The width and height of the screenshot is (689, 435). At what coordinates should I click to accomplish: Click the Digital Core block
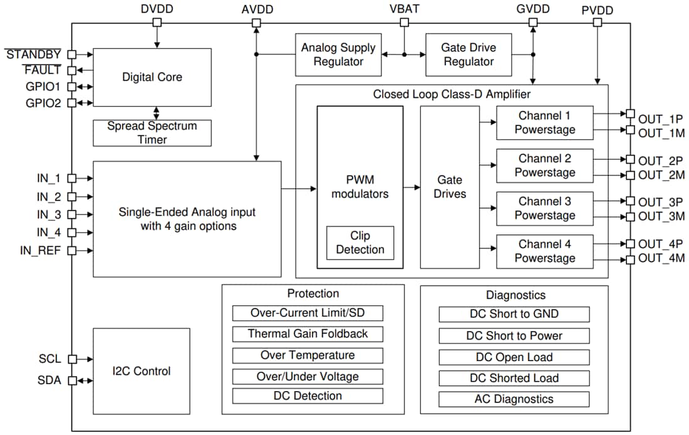(152, 77)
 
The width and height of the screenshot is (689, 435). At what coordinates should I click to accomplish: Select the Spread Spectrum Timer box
(152, 132)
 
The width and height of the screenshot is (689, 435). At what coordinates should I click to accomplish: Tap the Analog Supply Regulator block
(338, 55)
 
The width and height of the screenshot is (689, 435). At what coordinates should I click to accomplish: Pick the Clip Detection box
(360, 243)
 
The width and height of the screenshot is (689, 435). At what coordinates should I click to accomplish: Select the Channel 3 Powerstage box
(545, 208)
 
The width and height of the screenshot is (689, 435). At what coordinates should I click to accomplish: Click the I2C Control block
(141, 371)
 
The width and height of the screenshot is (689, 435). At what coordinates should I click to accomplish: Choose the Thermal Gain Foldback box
(308, 333)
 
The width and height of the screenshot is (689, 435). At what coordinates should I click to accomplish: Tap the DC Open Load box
(514, 357)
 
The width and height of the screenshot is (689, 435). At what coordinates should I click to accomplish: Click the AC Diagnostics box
(514, 399)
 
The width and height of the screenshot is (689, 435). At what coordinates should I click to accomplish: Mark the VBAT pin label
(404, 9)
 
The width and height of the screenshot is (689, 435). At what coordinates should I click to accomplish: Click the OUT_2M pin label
(661, 176)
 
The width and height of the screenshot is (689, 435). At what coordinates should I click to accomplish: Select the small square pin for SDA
(72, 380)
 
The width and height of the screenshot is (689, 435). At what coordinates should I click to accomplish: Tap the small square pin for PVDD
(598, 23)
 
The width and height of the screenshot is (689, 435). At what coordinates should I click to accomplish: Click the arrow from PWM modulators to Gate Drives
(411, 187)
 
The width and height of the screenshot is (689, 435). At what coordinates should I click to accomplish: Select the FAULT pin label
(43, 70)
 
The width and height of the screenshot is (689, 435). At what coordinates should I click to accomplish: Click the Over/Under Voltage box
(308, 376)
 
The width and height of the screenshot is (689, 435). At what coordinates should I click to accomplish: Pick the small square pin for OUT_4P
(630, 243)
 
